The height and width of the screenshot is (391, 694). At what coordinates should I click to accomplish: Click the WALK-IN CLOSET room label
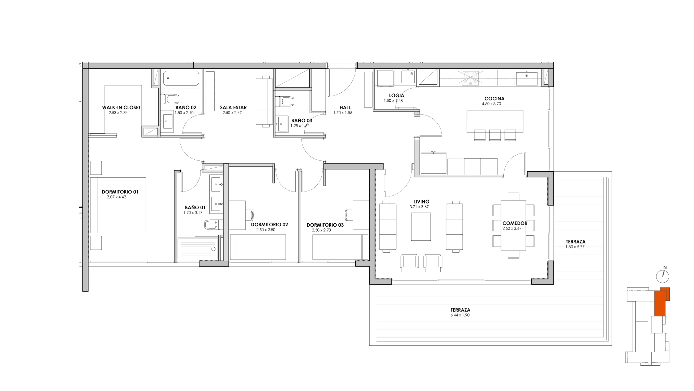[121, 108]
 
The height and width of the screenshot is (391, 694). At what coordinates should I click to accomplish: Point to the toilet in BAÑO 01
[212, 225]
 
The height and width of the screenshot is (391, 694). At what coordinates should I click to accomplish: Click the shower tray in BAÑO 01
[198, 249]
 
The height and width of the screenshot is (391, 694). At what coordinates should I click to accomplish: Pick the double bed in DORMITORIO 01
[118, 205]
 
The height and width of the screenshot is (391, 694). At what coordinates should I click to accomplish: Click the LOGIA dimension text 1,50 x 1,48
[393, 101]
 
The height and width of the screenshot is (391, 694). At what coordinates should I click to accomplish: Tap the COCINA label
[494, 98]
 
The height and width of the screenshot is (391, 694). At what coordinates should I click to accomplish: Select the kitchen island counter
[495, 121]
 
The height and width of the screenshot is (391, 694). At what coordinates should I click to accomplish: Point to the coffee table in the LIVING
[421, 227]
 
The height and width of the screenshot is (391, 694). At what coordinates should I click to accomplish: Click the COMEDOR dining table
[513, 226]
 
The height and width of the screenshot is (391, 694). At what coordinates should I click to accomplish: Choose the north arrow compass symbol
[663, 276]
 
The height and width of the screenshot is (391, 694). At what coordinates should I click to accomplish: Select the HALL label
[345, 108]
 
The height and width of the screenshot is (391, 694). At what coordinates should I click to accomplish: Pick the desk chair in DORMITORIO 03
[348, 215]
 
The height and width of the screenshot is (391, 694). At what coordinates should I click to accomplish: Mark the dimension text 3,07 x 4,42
[116, 197]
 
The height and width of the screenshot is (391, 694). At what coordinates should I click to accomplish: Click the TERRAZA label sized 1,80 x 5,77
[575, 242]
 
